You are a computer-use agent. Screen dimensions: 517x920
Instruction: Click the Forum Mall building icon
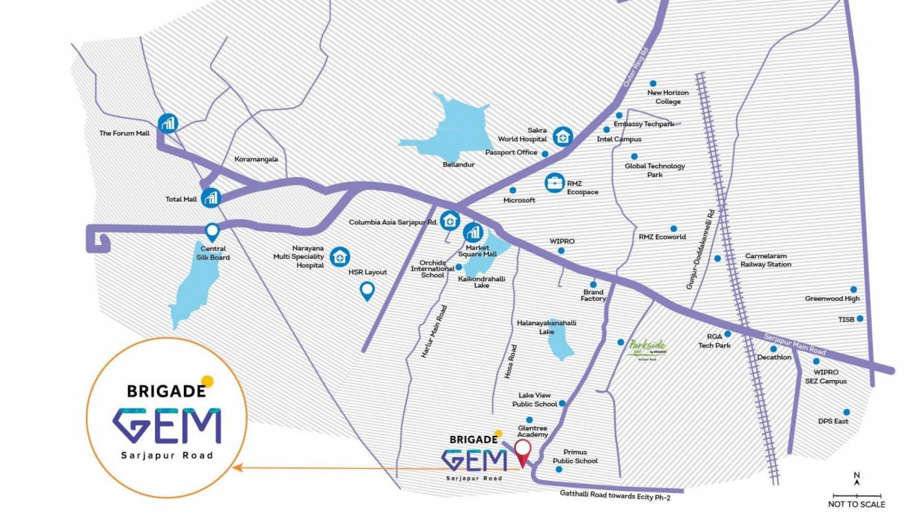[x=168, y=123]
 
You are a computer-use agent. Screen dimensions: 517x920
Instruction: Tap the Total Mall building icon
[x=211, y=198]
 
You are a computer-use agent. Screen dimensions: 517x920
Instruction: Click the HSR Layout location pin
[x=368, y=292]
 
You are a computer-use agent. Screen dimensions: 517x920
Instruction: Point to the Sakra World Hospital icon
[x=563, y=136]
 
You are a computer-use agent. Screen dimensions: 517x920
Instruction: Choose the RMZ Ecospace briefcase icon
[x=554, y=183]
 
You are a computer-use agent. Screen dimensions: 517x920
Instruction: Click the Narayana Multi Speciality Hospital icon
[x=339, y=257]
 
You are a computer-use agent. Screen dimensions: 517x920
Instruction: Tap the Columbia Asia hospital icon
[x=450, y=221]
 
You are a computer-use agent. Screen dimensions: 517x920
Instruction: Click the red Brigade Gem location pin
[x=523, y=452]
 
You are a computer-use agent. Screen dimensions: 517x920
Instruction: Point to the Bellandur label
[x=459, y=165]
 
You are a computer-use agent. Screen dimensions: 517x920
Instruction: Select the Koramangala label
[x=256, y=159]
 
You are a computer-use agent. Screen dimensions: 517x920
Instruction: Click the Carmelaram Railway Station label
[x=766, y=260]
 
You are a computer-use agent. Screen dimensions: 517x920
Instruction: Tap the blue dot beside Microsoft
[x=512, y=190]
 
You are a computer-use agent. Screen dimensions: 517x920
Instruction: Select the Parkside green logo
[x=648, y=348]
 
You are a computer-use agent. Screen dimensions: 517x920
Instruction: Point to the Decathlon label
[x=774, y=357]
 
